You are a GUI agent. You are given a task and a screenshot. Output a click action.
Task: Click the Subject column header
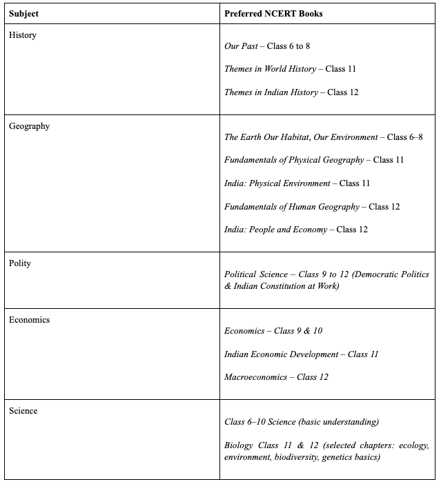click(23, 13)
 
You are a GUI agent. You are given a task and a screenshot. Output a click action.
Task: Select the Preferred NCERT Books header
click(273, 13)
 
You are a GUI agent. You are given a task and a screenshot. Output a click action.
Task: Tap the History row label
click(23, 35)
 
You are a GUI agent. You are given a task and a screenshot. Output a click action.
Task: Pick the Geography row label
click(29, 126)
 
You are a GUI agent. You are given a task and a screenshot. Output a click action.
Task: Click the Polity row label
click(20, 263)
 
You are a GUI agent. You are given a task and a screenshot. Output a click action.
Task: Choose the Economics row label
click(30, 320)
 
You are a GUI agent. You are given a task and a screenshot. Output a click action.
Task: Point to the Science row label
click(23, 411)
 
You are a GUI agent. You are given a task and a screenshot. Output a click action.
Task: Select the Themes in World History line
click(290, 69)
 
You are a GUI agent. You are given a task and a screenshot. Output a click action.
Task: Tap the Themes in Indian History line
click(291, 92)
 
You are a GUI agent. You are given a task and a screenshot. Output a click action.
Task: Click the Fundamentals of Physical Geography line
click(314, 160)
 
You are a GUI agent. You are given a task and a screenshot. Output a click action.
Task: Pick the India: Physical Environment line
click(297, 183)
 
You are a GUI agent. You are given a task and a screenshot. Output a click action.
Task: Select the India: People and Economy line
click(295, 230)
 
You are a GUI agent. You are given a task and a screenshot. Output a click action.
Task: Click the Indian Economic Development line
click(301, 354)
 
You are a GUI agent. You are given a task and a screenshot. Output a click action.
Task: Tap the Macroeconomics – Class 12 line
click(276, 377)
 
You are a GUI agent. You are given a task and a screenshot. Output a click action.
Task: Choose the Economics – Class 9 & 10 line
click(273, 331)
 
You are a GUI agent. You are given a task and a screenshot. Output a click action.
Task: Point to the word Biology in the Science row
click(238, 445)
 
